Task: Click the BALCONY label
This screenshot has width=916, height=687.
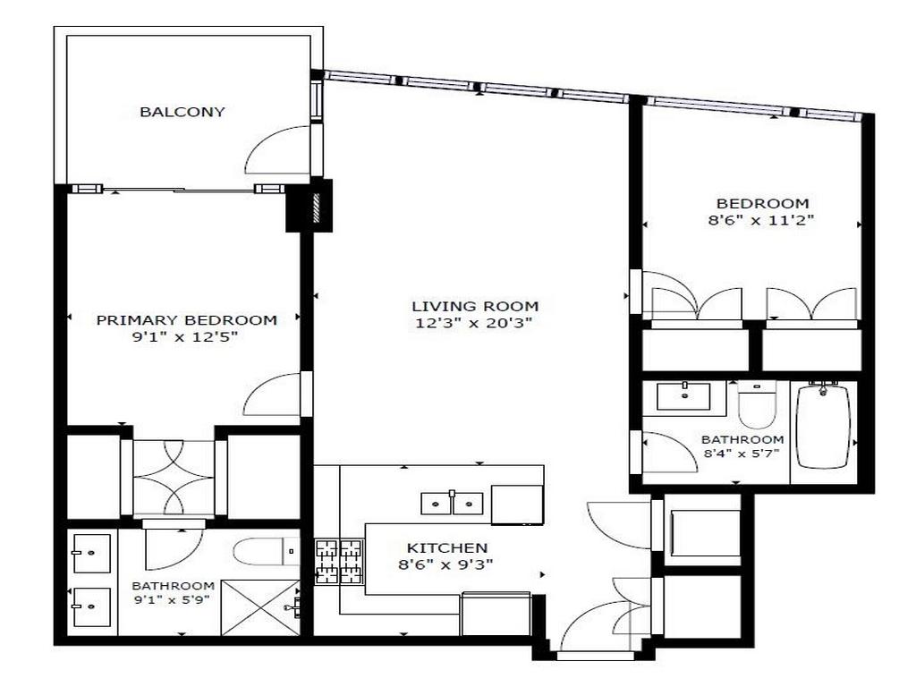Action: [182, 112]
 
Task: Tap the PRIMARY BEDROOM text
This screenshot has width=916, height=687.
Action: [186, 319]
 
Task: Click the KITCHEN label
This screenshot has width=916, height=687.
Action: [447, 547]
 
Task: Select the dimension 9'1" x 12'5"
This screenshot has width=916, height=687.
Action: [186, 337]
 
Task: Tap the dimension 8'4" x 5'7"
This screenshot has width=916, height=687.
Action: [742, 453]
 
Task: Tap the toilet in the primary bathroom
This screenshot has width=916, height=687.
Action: [265, 550]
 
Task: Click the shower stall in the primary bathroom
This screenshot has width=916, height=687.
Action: [259, 607]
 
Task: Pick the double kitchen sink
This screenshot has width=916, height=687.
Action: [453, 504]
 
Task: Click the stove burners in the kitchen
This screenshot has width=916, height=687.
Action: [339, 562]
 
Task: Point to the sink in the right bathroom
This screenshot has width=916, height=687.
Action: [683, 395]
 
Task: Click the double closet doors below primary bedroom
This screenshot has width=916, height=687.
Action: [174, 479]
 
